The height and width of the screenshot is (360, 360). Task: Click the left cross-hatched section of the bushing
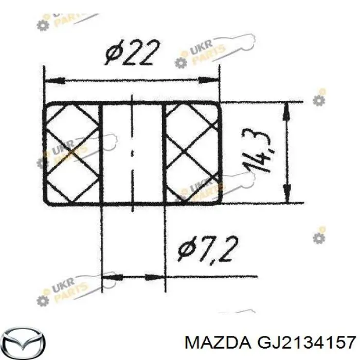(x=72, y=153)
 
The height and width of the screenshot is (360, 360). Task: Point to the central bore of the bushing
(x=133, y=153)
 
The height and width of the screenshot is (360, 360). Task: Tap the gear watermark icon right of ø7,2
(x=319, y=237)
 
